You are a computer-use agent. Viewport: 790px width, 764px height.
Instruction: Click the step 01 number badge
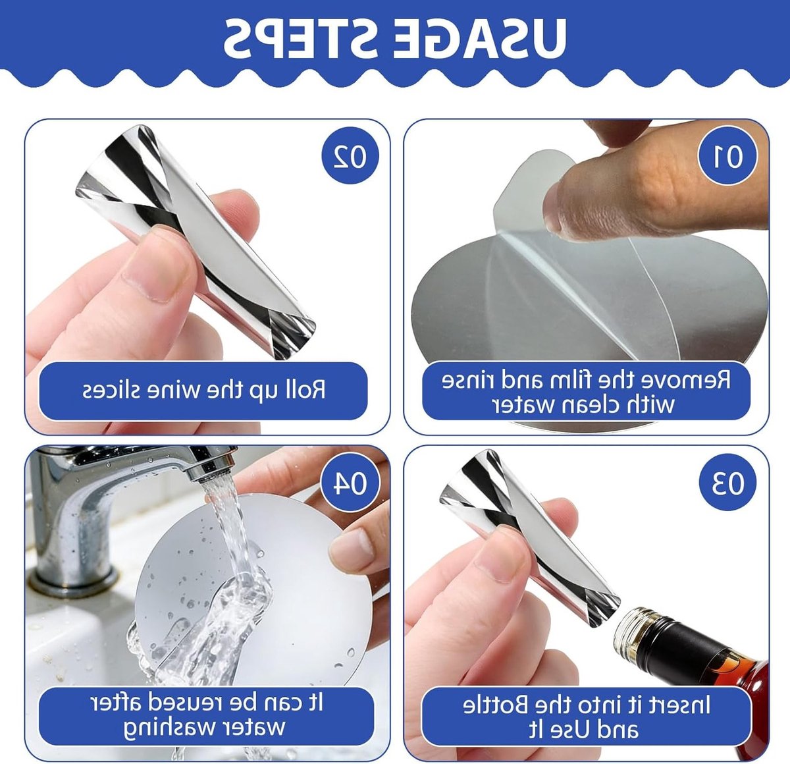pos(727,155)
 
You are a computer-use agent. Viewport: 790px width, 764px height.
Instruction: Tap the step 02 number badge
pos(350,155)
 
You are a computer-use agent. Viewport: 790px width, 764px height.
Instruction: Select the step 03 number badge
pos(727,482)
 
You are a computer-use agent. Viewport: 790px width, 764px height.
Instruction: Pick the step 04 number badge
pos(350,482)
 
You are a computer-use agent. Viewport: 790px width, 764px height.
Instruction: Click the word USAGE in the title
pos(479,38)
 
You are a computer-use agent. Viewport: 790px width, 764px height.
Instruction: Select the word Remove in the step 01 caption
pos(686,381)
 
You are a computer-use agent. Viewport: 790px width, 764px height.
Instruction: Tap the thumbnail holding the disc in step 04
pos(351,551)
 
